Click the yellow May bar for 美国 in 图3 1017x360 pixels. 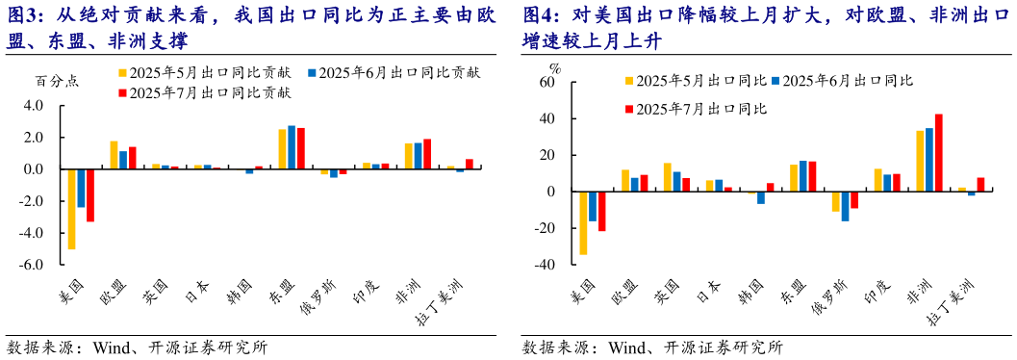point(71,209)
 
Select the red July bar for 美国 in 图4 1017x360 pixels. point(602,211)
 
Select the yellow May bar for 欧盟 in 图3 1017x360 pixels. point(114,155)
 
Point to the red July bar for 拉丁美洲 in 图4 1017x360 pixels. point(980,184)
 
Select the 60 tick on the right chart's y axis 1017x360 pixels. point(547,83)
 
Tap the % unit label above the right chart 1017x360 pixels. point(554,68)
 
